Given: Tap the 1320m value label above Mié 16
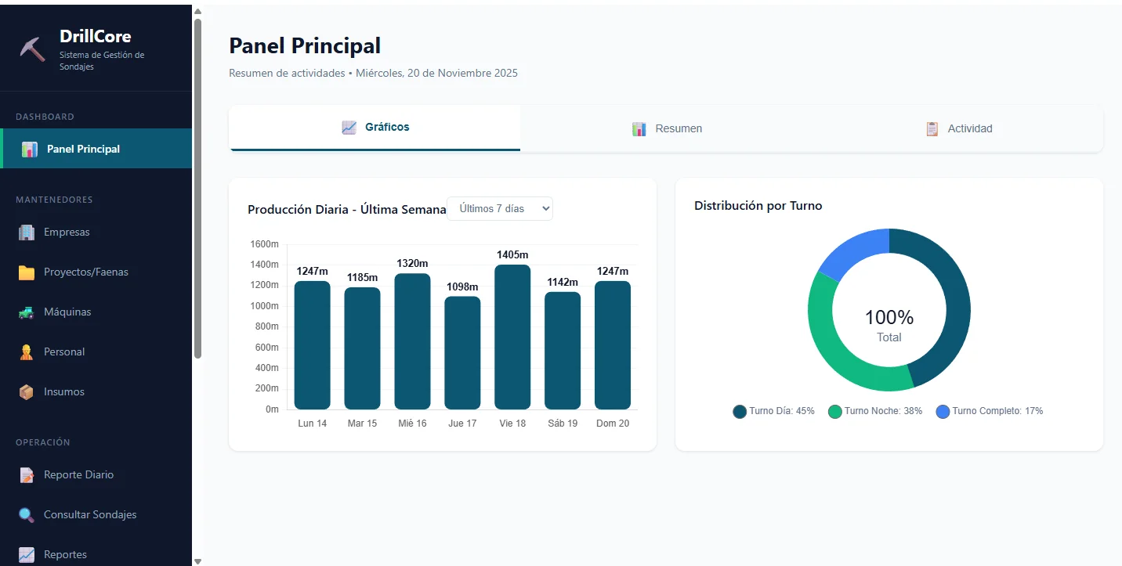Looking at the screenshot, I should coord(412,263).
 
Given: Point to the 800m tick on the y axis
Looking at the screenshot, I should coord(266,326).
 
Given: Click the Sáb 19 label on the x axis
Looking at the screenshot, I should coord(563,424).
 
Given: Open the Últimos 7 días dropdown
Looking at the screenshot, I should coord(500,208).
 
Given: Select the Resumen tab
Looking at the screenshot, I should coord(667,128).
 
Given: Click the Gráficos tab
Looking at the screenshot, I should coord(375,127).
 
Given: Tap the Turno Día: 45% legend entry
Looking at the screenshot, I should coord(773,411).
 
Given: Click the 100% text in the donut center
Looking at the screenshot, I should coord(889,317).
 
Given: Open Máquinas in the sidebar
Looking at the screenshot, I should coord(67,312).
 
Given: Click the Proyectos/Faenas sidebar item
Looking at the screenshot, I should coord(85,272).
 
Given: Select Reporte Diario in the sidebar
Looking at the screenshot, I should coord(78,474).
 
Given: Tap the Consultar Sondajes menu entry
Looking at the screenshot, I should coord(90,514).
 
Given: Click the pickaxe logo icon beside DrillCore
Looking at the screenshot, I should coord(33,48).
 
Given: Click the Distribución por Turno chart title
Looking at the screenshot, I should coord(758,205).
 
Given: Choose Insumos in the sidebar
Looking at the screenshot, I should coord(63,391).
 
